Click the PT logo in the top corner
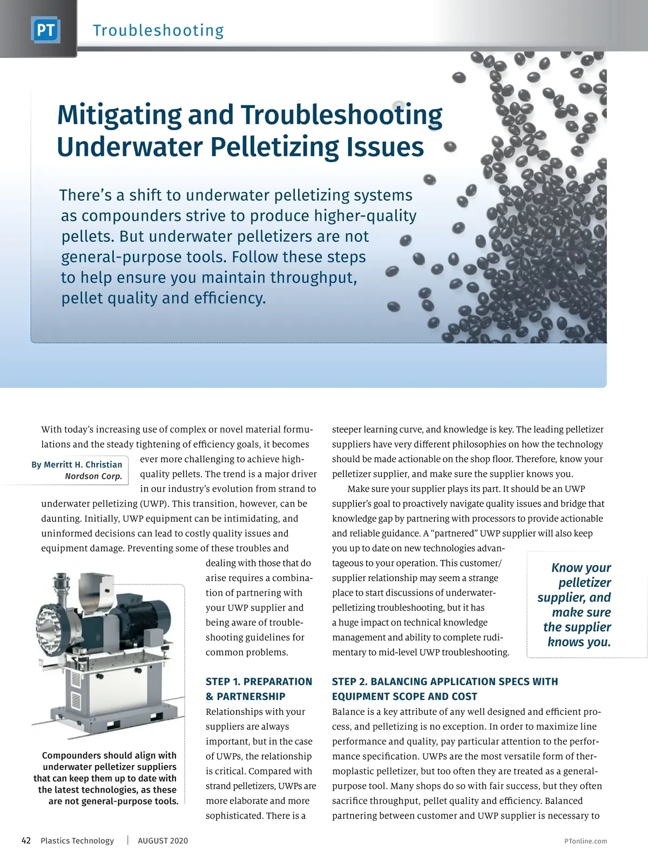(45, 30)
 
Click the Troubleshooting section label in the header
(158, 30)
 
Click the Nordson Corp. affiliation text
(93, 476)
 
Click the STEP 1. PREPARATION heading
(259, 681)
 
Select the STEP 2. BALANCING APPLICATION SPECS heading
(445, 681)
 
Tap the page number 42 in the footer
(26, 840)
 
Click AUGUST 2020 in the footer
(163, 840)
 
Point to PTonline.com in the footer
(585, 841)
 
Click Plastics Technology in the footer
(77, 840)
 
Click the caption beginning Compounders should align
(106, 778)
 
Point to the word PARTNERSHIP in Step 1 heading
(251, 697)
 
